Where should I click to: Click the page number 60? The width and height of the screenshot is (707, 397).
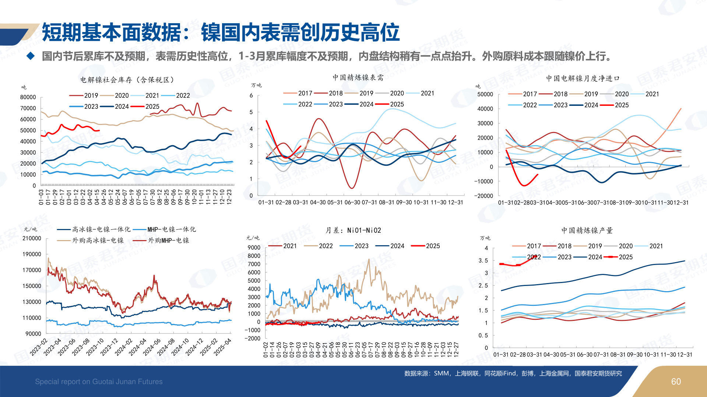click(676, 382)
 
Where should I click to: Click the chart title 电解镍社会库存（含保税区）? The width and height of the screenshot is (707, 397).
click(127, 80)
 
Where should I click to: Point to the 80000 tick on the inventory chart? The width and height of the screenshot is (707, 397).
click(28, 97)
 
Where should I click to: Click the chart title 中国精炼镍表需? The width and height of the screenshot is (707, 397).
click(358, 78)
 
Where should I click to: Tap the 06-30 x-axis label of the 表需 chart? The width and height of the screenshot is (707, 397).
click(352, 202)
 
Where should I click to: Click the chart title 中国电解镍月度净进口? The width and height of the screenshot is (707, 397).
click(583, 78)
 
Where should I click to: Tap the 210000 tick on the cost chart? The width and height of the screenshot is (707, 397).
click(32, 238)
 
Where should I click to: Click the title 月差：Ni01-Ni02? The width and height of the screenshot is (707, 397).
click(353, 230)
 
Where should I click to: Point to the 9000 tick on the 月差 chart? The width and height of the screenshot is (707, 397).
click(254, 247)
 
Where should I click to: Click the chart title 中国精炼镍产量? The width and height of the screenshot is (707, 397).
click(587, 230)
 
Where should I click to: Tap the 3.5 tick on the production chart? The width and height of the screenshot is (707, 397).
click(483, 261)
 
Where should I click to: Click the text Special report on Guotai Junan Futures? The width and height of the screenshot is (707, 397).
click(99, 382)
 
